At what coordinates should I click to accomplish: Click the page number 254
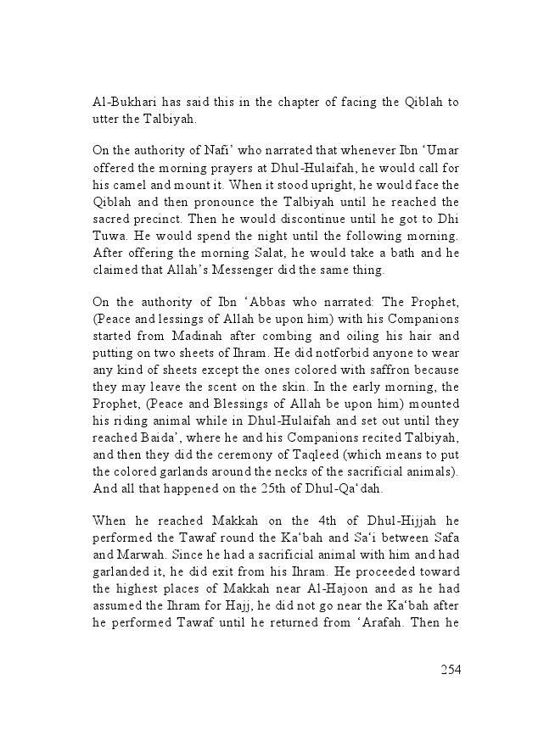pyautogui.click(x=450, y=669)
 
